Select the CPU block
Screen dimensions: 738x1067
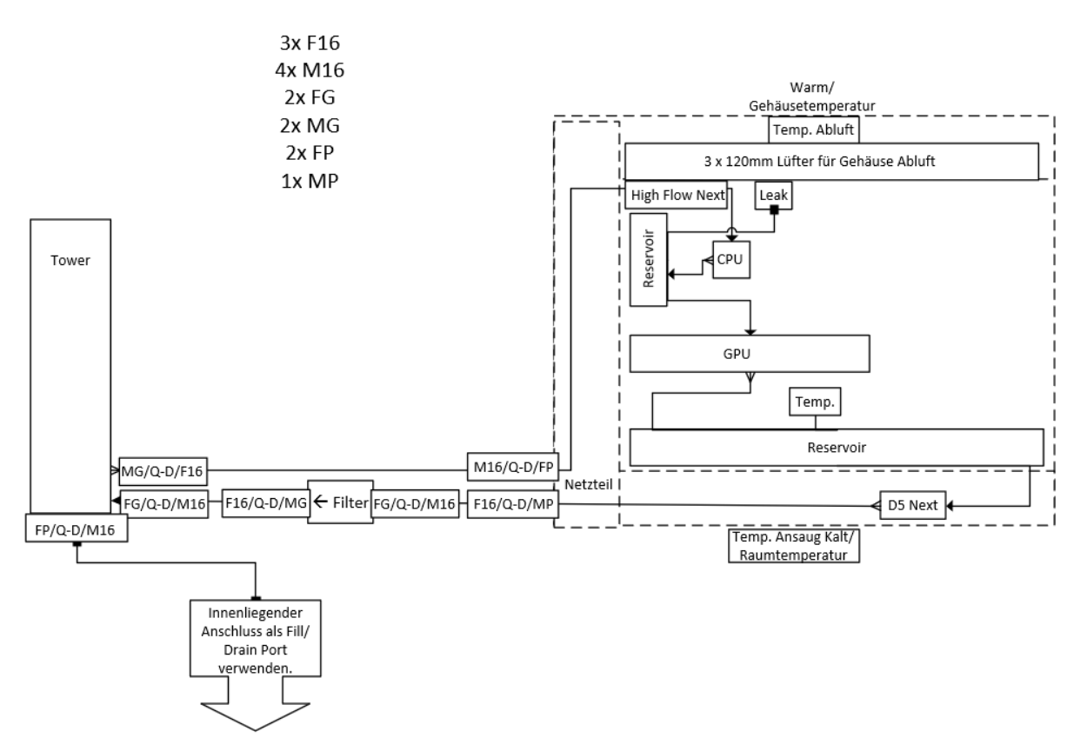pyautogui.click(x=728, y=259)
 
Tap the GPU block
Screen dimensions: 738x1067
pyautogui.click(x=750, y=355)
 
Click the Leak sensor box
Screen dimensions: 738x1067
pyautogui.click(x=772, y=196)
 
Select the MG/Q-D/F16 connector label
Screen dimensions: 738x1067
pyautogui.click(x=164, y=470)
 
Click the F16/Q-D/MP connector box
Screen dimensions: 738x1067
pyautogui.click(x=510, y=503)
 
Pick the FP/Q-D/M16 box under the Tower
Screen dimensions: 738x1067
pyautogui.click(x=77, y=528)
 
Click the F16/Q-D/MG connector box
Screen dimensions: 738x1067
pyautogui.click(x=265, y=503)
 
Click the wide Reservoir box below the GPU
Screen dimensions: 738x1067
pyautogui.click(x=835, y=447)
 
